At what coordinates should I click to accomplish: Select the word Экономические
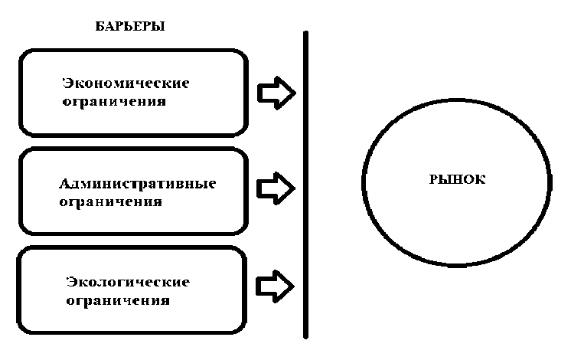[x=125, y=83]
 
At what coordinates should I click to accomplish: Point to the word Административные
[x=138, y=185]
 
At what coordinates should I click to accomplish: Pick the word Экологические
[x=126, y=282]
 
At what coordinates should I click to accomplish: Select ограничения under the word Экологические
[x=116, y=299]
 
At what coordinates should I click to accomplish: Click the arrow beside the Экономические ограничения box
[x=276, y=93]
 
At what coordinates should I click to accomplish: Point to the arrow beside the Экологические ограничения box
[x=276, y=284]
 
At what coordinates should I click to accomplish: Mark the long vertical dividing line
[x=305, y=184]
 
